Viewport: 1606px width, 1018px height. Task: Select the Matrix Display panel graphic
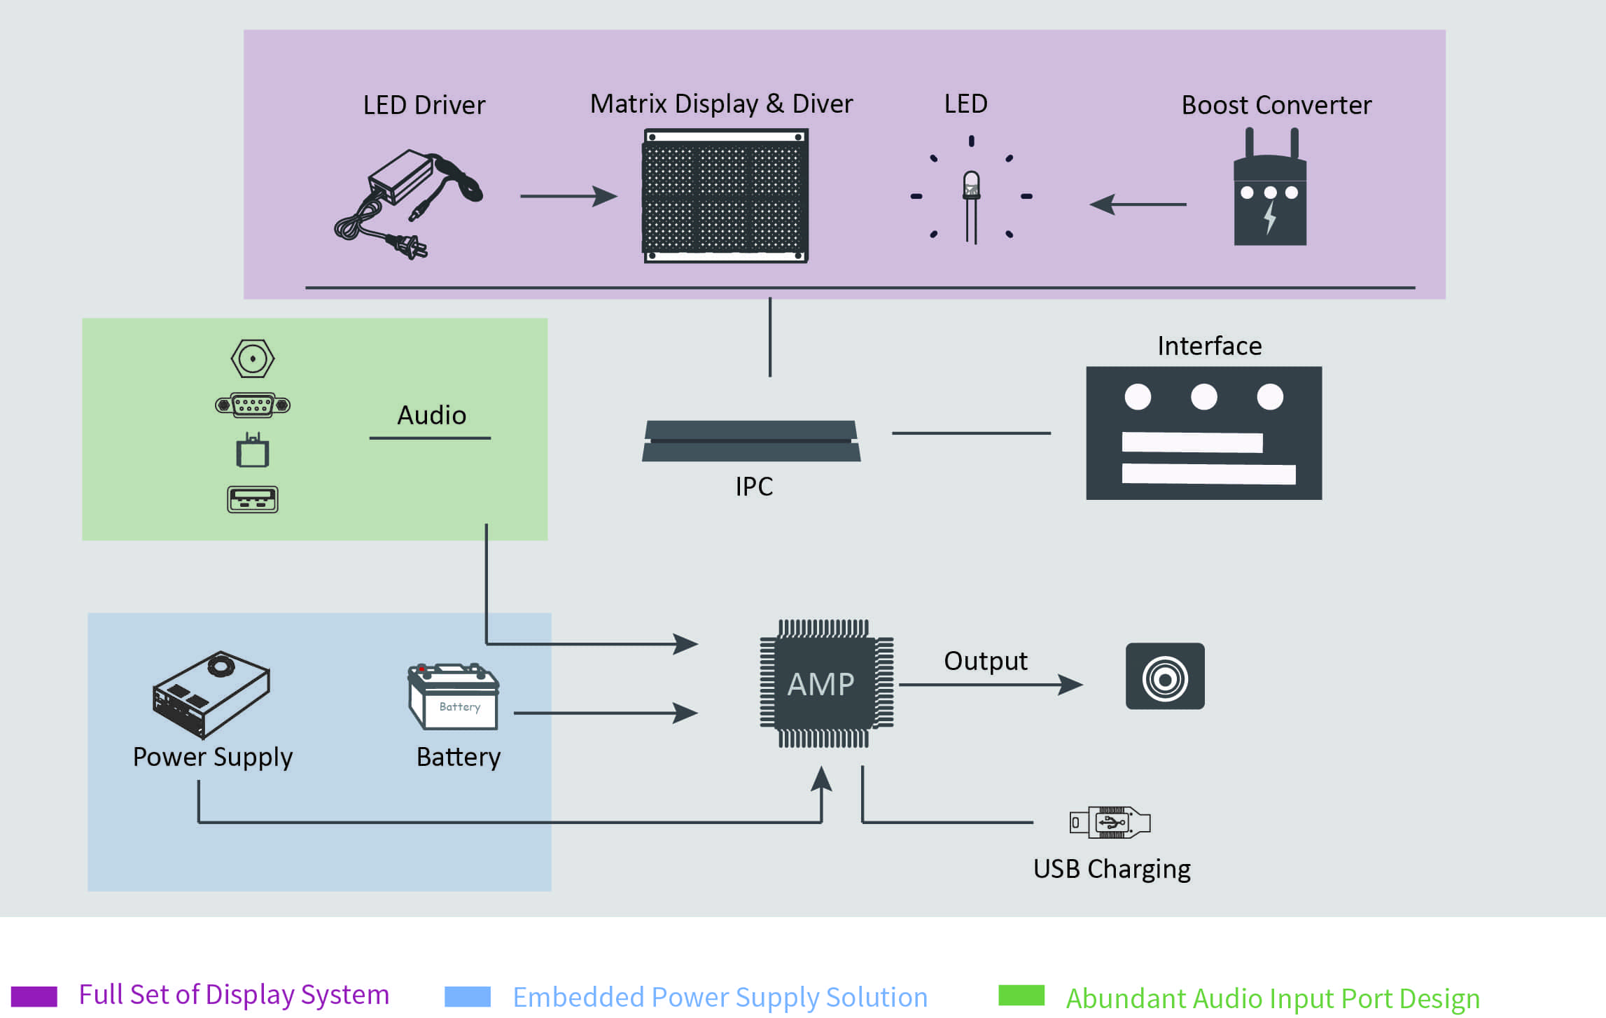[725, 196]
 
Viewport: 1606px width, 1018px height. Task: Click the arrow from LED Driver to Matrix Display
[568, 197]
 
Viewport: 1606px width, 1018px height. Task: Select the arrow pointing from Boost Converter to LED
[1138, 204]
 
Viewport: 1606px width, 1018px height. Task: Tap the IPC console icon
[751, 441]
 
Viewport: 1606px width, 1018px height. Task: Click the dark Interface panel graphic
[1203, 433]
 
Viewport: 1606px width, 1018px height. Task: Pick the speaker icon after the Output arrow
[1165, 676]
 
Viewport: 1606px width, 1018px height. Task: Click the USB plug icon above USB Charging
[1110, 823]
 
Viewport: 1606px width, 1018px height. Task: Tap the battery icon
[454, 697]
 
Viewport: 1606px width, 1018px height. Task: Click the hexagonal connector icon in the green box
[252, 358]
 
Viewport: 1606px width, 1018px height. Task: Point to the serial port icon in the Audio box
[252, 405]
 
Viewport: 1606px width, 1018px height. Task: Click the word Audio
[431, 415]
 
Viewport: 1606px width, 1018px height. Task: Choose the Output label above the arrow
[985, 661]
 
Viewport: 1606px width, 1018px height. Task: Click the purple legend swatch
[34, 996]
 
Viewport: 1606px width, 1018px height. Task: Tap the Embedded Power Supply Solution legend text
[720, 997]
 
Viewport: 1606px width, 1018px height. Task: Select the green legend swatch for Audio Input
[1021, 995]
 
